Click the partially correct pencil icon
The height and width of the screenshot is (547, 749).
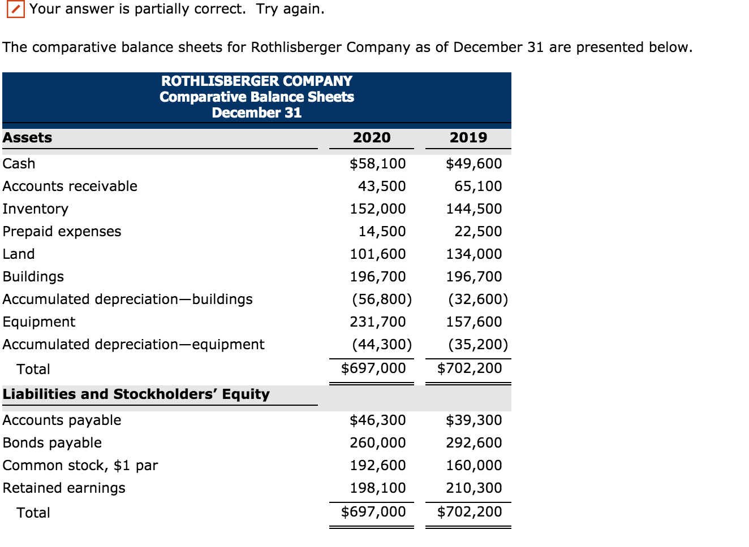click(x=15, y=10)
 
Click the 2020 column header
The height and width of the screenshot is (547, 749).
click(x=372, y=137)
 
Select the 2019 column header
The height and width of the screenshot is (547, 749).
click(x=468, y=137)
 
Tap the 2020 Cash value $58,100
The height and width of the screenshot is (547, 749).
click(x=377, y=164)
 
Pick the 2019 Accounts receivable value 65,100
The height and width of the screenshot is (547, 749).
click(x=478, y=186)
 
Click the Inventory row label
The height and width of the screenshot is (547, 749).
click(x=35, y=209)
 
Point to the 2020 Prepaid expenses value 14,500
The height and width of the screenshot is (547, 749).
click(x=382, y=232)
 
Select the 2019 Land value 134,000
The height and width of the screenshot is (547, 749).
click(x=473, y=254)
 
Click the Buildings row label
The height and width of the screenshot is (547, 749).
click(x=33, y=277)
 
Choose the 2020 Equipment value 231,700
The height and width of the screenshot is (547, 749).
click(x=377, y=322)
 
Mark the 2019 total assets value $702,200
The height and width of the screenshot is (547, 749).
click(x=470, y=368)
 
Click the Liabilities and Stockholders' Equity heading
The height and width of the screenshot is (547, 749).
click(x=136, y=394)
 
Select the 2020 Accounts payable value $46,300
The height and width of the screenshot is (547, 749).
click(x=377, y=420)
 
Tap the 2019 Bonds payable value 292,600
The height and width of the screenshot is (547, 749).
click(x=473, y=443)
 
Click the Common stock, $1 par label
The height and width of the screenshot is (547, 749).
click(x=80, y=466)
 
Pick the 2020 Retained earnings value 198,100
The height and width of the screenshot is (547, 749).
click(x=377, y=488)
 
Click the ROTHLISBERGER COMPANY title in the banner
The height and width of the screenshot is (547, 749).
click(x=256, y=81)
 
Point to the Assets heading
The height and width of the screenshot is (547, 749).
click(x=27, y=138)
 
